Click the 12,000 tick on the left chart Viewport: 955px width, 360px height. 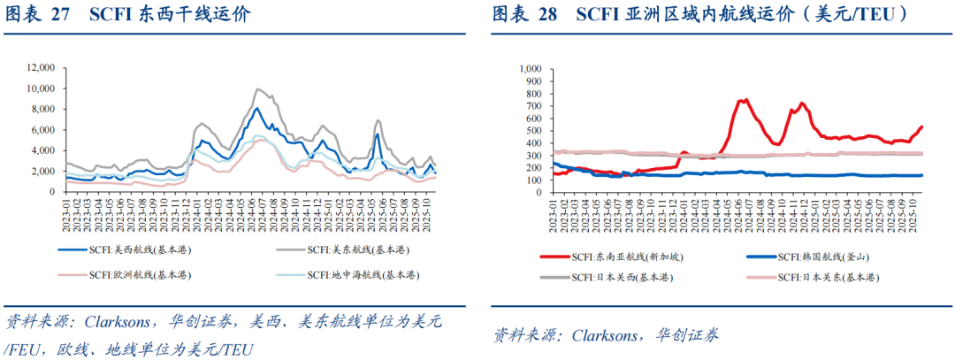point(39,67)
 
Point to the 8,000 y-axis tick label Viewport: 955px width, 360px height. point(42,108)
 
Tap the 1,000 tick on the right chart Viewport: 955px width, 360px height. point(528,68)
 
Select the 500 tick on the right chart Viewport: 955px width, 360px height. point(532,130)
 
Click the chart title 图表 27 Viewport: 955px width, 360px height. point(36,15)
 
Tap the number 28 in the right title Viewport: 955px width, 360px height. point(546,15)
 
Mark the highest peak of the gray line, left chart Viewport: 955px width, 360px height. point(256,89)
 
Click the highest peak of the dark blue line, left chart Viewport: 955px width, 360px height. point(256,108)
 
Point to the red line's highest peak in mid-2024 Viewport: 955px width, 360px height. point(745,100)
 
